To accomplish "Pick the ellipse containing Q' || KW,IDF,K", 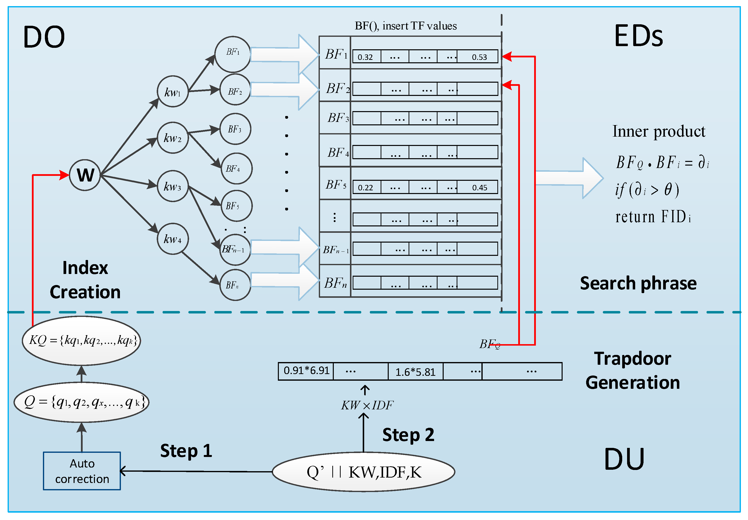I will point(363,472).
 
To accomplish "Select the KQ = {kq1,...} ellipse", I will point(81,340).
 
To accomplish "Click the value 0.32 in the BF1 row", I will point(365,57).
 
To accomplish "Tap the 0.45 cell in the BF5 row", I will point(479,187).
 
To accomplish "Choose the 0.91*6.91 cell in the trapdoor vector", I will point(306,371).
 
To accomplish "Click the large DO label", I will point(44,37).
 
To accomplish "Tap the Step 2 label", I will point(408,435).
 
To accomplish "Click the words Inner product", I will point(658,131).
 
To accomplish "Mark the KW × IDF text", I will point(367,405).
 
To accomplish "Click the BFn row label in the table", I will point(335,283).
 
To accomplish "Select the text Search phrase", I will point(638,283).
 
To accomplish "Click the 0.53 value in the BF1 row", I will point(479,57).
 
